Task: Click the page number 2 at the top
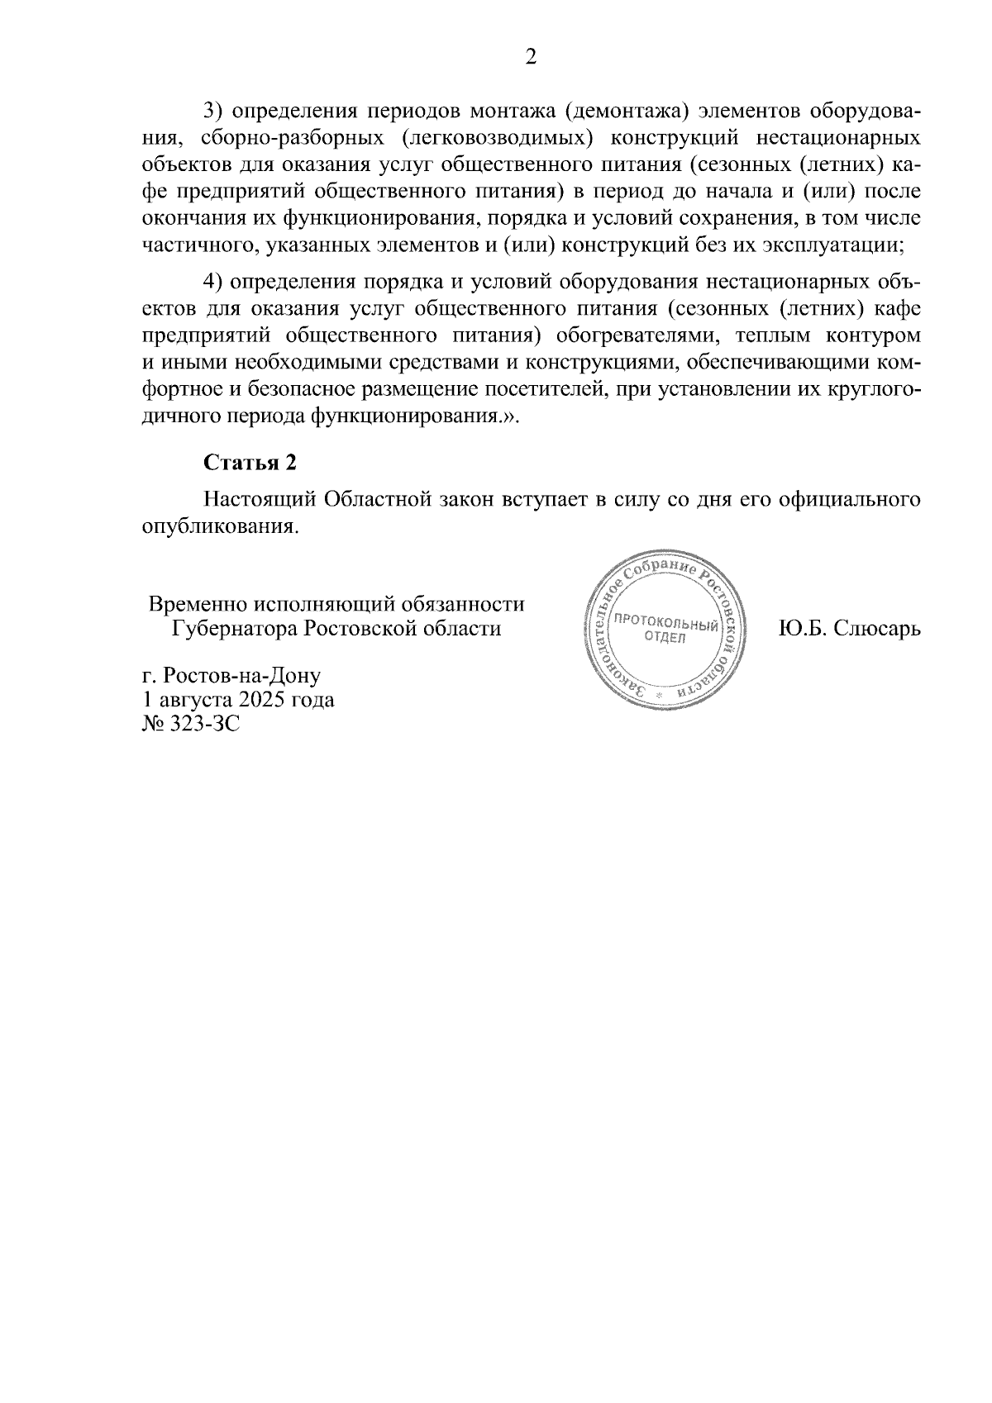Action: click(532, 57)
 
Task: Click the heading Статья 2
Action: click(250, 463)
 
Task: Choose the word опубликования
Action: click(218, 526)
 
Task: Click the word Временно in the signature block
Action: click(197, 604)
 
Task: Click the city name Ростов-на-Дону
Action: click(241, 675)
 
